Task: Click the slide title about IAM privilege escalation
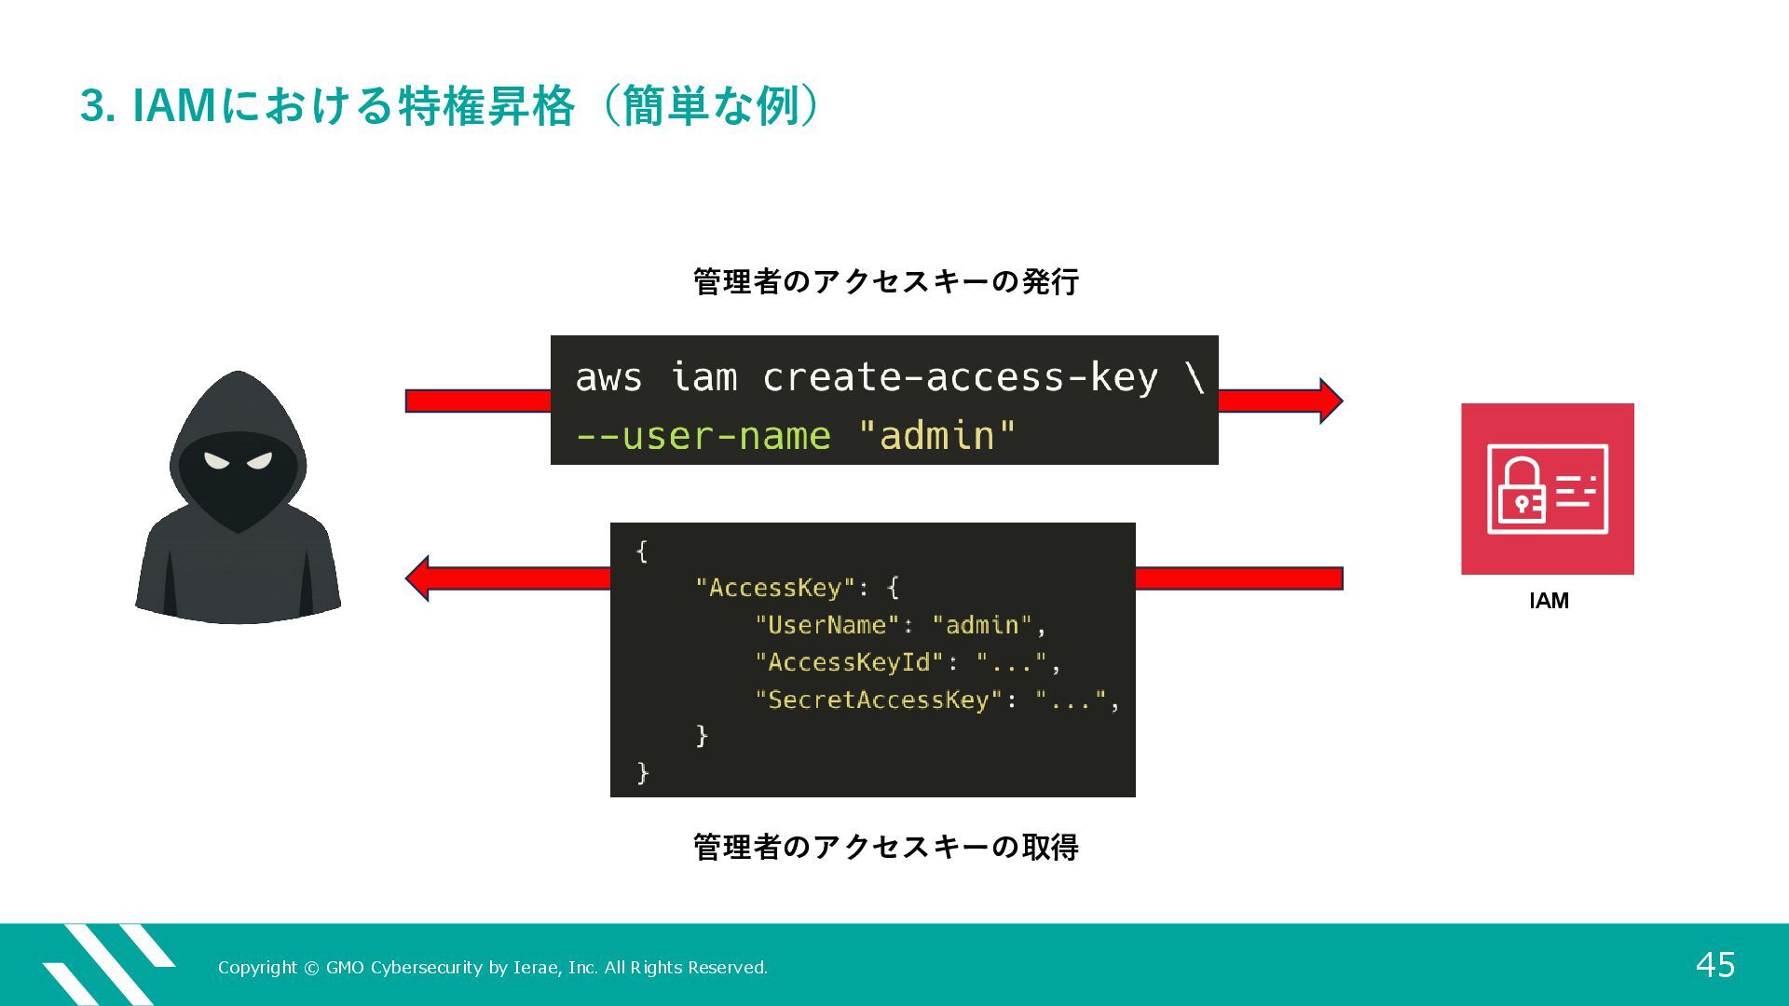pos(451,105)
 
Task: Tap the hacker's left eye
pos(217,460)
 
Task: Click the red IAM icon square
pos(1547,488)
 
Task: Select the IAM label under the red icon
pos(1549,601)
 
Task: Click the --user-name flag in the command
pos(703,436)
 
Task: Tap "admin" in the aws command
pos(936,436)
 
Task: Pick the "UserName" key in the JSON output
pos(826,625)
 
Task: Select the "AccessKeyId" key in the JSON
pos(849,662)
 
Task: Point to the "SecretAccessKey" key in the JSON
pos(879,700)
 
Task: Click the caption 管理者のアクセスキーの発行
pos(885,281)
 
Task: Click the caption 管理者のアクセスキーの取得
pos(885,847)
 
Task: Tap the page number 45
pos(1714,965)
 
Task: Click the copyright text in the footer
pos(493,968)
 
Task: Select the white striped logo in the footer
pos(107,964)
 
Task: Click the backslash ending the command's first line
pos(1195,377)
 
